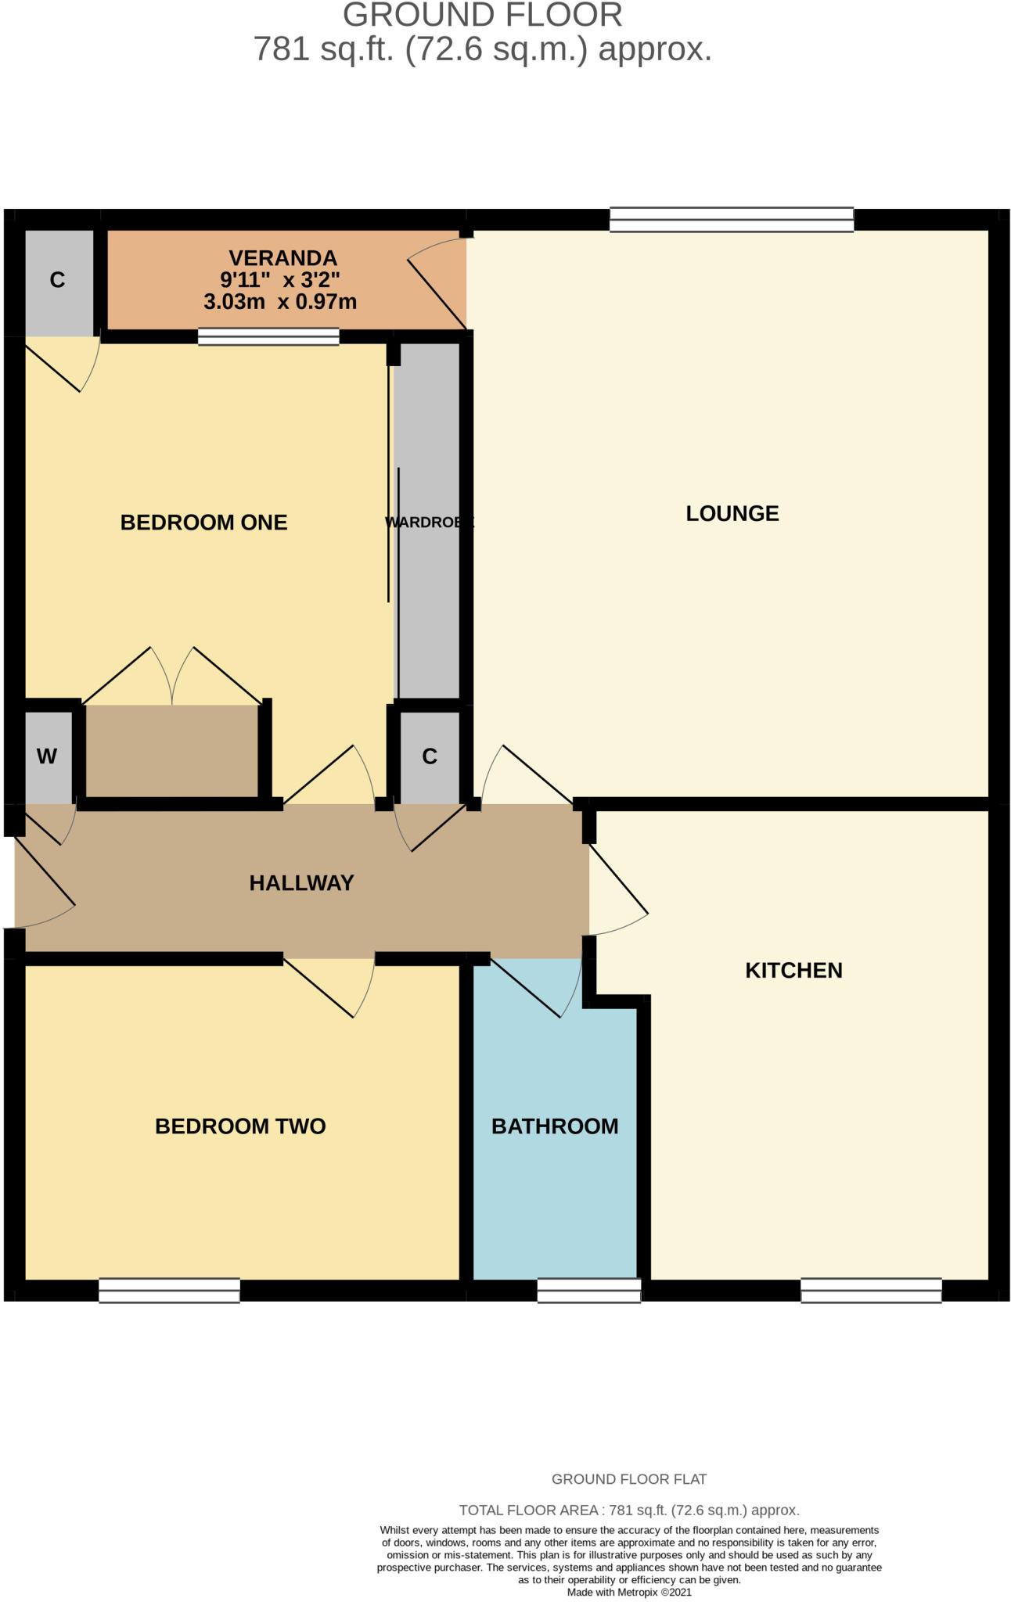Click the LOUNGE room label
pos(732,513)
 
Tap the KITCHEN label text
pos(793,970)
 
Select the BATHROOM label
pos(555,1126)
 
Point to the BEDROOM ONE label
pos(203,522)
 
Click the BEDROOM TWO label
pos(240,1126)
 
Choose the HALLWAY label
pos(302,882)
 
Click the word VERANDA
pos(282,257)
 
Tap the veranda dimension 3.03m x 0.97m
pos(280,301)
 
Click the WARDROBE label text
pos(429,522)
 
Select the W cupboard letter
pos(47,756)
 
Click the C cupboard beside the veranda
pos(57,280)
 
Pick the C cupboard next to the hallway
pos(429,756)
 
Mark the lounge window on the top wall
pos(732,220)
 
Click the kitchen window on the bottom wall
pos(871,1290)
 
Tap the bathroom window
pos(589,1290)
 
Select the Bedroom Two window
pos(169,1290)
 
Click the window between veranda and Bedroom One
pos(268,337)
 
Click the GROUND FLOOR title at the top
pos(483,15)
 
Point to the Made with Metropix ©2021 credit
pos(629,1591)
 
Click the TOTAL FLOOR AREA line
pos(629,1510)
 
